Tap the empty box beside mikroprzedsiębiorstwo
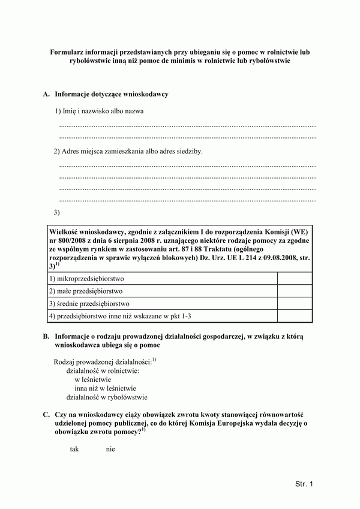pyautogui.click(x=295, y=278)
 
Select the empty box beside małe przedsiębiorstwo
pyautogui.click(x=295, y=291)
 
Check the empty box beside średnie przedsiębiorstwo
pyautogui.click(x=295, y=303)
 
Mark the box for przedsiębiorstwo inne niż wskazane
pyautogui.click(x=295, y=316)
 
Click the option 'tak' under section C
pyautogui.click(x=74, y=449)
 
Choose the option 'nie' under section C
pyautogui.click(x=110, y=449)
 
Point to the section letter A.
pyautogui.click(x=46, y=95)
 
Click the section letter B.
pyautogui.click(x=46, y=337)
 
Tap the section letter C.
pyautogui.click(x=46, y=415)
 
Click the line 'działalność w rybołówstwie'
pyautogui.click(x=107, y=397)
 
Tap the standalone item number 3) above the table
pyautogui.click(x=57, y=212)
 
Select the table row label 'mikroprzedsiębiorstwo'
pyautogui.click(x=91, y=279)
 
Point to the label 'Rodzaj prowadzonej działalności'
pyautogui.click(x=103, y=362)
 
